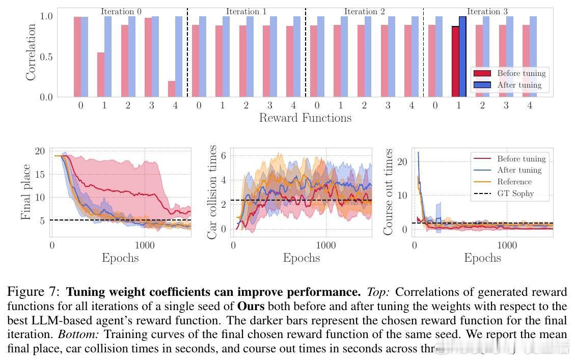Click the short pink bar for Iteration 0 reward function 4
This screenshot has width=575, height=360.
172,89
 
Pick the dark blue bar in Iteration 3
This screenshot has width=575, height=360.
462,57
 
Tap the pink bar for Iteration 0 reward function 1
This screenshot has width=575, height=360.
101,74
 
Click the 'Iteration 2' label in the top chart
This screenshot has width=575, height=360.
364,11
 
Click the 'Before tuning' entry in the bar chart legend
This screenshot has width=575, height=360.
521,73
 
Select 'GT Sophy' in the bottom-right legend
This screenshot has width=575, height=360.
515,193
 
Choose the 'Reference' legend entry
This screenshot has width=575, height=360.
514,182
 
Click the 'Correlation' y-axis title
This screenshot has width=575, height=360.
32,52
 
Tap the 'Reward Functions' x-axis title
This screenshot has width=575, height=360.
305,118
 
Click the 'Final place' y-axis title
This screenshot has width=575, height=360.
26,192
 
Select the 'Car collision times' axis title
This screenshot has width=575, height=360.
212,192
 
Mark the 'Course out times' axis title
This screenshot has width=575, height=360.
389,192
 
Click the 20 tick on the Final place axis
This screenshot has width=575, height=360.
40,151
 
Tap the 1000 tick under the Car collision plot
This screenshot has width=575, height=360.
326,245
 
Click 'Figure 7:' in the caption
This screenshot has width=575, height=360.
34,292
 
